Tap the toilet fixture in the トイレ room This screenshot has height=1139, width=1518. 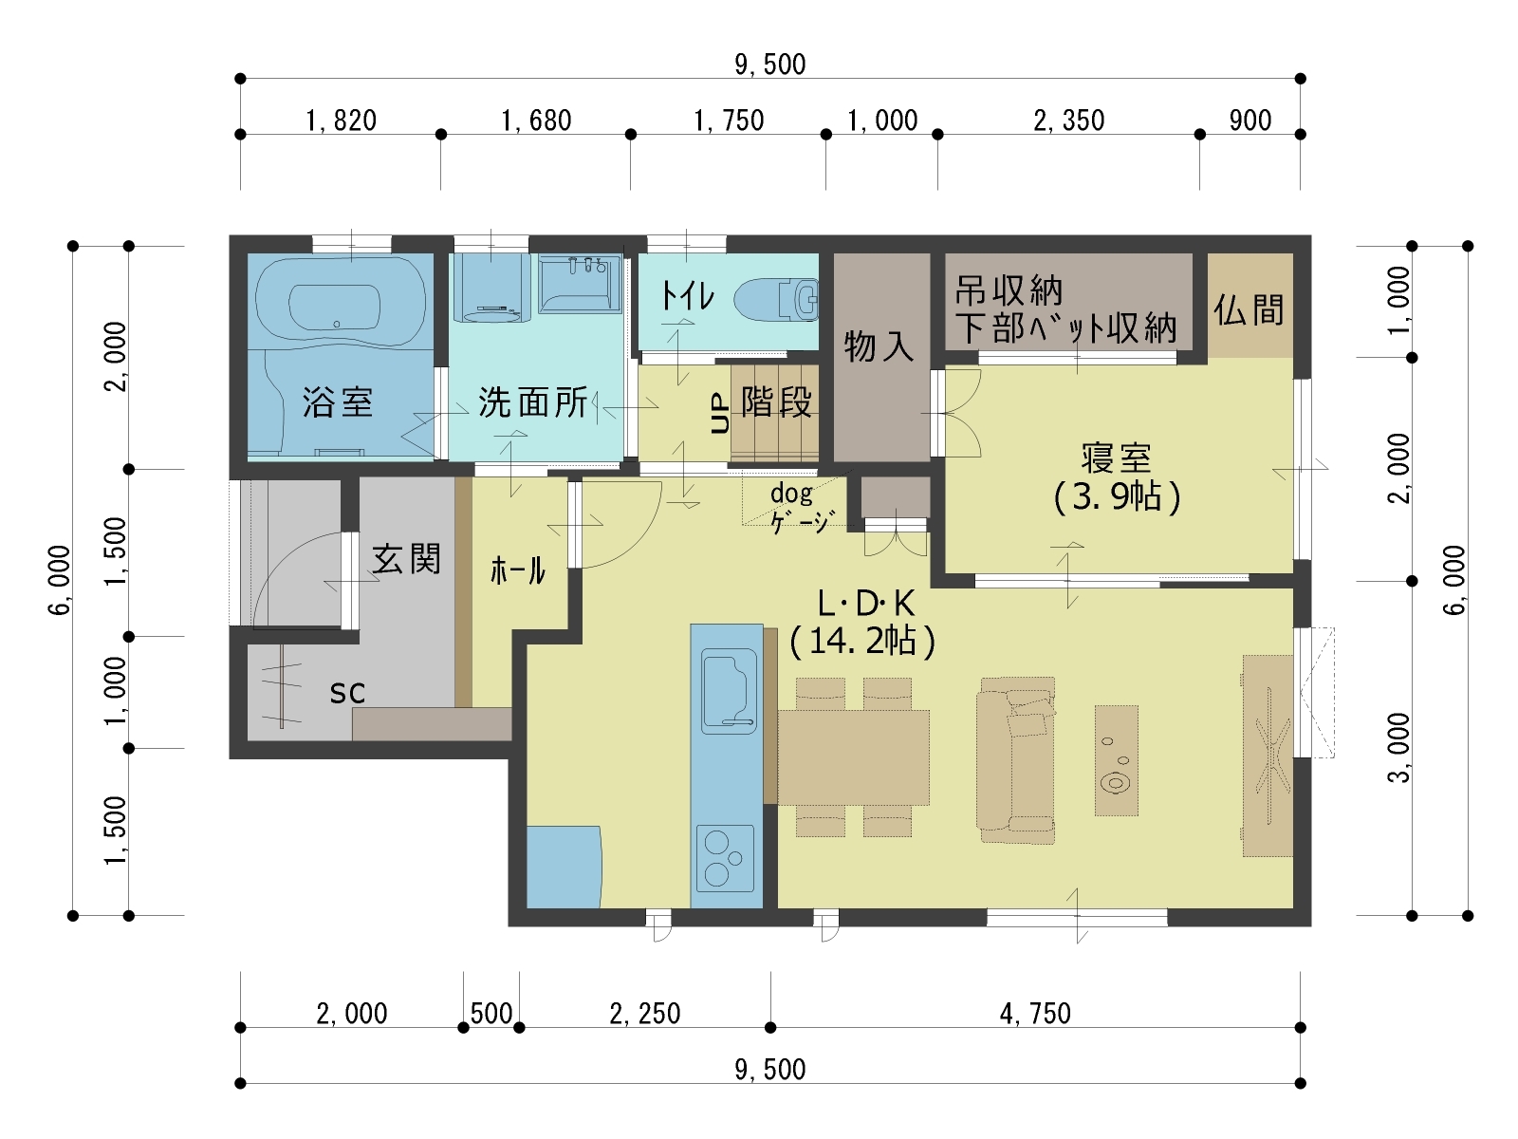[x=775, y=299]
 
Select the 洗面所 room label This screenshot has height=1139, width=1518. [x=532, y=401]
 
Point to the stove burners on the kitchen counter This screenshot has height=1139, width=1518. [x=725, y=857]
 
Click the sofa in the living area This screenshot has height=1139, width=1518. [x=1016, y=760]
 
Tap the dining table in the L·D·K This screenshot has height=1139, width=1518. [x=853, y=757]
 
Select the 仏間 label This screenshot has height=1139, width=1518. [x=1249, y=309]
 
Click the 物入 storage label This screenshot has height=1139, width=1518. [x=879, y=345]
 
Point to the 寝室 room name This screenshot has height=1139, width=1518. [x=1116, y=457]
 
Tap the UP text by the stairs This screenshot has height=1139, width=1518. [x=720, y=413]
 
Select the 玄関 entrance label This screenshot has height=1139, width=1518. [x=407, y=559]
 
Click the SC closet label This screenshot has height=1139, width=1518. [x=347, y=692]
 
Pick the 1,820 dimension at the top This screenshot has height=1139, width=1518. [x=341, y=121]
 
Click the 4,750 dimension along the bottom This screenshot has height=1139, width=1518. [x=1035, y=1014]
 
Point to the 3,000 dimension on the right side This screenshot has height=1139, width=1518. [x=1398, y=748]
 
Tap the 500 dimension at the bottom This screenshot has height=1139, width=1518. [x=491, y=1014]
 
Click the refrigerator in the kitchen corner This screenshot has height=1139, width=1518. [x=564, y=867]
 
